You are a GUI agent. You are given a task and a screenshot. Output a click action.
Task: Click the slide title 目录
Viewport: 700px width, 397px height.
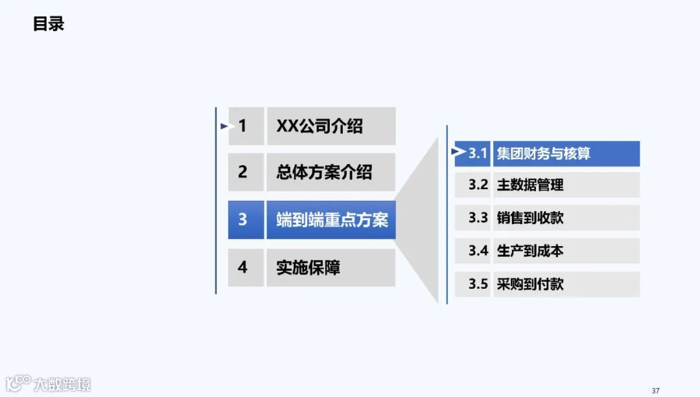pyautogui.click(x=49, y=24)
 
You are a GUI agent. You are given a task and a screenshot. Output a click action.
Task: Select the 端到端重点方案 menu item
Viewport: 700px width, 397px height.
pyautogui.click(x=331, y=220)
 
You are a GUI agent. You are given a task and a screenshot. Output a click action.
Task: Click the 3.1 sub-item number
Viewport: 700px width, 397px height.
pyautogui.click(x=477, y=153)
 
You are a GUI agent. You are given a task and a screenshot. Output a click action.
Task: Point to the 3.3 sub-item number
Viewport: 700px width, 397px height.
pyautogui.click(x=478, y=218)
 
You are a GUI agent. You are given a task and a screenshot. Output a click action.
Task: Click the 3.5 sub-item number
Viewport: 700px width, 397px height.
pyautogui.click(x=478, y=284)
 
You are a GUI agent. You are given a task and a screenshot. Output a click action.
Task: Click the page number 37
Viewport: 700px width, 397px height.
pyautogui.click(x=655, y=391)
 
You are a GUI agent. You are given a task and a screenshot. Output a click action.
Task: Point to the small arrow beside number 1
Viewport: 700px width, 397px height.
pyautogui.click(x=224, y=126)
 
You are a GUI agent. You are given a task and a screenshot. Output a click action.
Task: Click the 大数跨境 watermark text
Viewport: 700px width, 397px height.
pyautogui.click(x=63, y=384)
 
